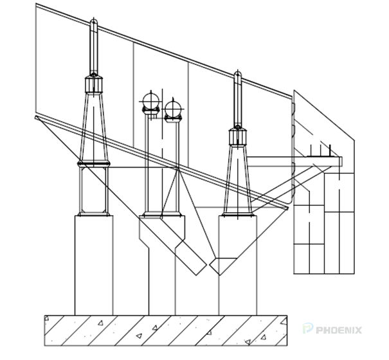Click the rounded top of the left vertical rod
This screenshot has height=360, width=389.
93,24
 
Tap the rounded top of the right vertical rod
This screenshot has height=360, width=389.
237,75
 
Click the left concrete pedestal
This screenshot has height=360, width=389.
93,264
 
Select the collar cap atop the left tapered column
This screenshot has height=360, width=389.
93,83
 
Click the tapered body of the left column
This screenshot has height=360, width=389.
93,122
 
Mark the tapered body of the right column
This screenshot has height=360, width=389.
237,174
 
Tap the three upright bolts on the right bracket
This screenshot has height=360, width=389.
320,151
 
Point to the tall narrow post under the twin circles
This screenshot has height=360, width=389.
161,167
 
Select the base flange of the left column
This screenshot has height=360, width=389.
93,213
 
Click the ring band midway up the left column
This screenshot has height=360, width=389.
93,165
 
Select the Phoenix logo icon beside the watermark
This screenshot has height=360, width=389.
307,330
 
